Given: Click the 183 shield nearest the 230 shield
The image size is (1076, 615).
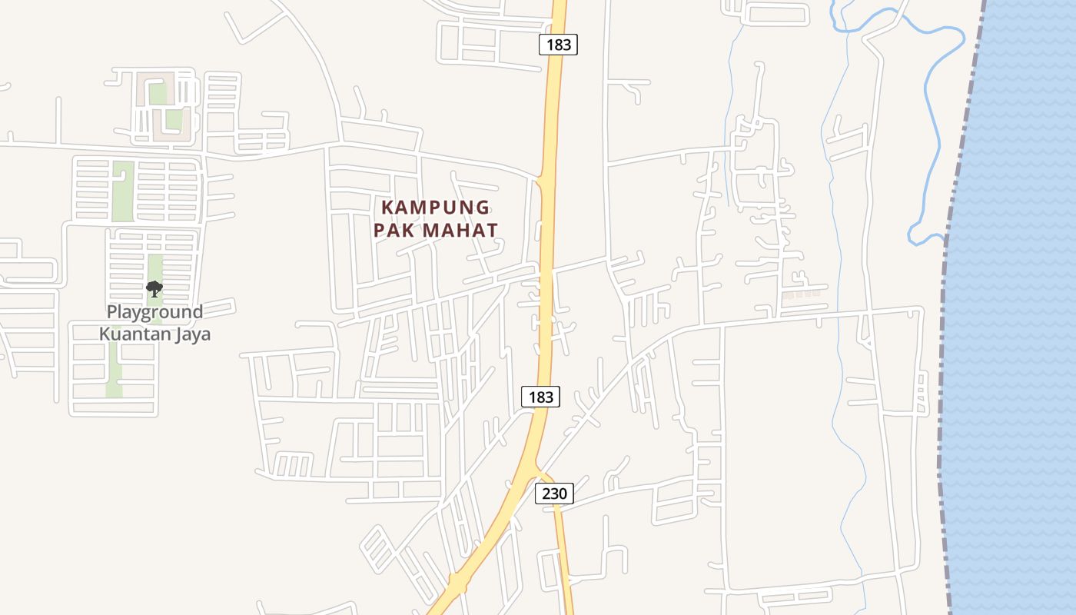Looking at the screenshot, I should [541, 397].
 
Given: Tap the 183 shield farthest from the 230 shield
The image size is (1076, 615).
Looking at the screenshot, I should [558, 45].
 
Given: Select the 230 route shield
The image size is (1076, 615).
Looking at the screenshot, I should [554, 494].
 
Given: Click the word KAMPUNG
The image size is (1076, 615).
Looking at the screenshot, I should [436, 208].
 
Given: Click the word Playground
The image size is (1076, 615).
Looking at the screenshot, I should [154, 312].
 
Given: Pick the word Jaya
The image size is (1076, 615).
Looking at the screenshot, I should [192, 334].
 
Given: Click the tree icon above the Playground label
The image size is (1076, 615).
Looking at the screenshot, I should [154, 289].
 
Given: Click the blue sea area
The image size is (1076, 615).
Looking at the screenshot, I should [1015, 307].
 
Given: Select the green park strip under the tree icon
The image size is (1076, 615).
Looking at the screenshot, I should [154, 269].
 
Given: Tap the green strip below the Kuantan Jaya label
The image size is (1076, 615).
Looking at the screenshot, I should [114, 369].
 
